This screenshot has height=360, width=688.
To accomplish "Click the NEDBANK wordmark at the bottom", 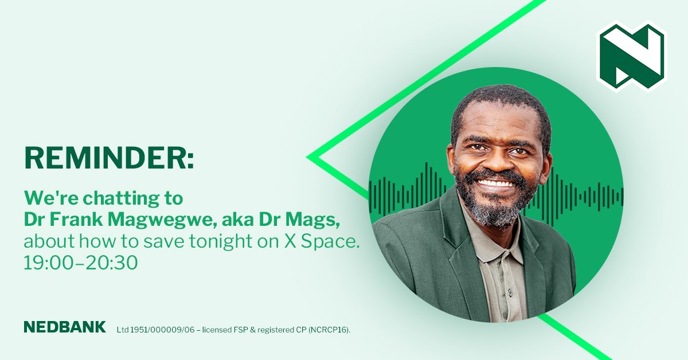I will tap(65, 327).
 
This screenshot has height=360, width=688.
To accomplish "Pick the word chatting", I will tap(127, 199).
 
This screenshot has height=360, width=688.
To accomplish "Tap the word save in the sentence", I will tap(169, 242).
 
